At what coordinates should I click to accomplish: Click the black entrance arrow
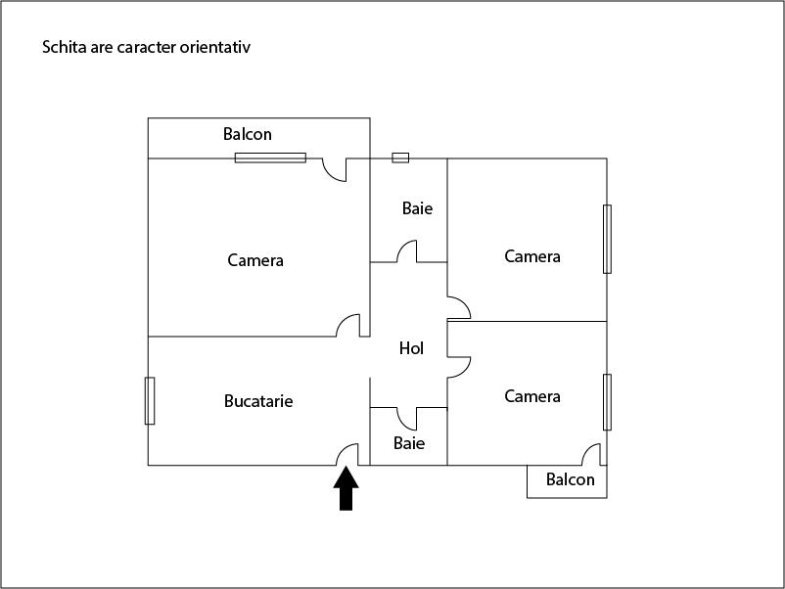[x=346, y=488]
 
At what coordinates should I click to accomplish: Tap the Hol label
[x=411, y=348]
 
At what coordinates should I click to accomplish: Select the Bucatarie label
[x=258, y=401]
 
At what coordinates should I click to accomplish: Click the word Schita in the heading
[x=62, y=47]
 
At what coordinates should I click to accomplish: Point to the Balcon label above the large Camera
[x=248, y=134]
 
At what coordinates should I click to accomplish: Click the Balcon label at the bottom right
[x=570, y=479]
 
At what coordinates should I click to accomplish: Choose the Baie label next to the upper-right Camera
[x=417, y=208]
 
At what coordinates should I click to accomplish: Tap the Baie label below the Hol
[x=409, y=443]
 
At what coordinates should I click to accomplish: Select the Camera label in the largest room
[x=255, y=260]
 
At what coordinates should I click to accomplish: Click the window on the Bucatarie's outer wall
[x=150, y=400]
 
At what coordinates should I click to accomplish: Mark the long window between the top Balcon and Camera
[x=270, y=157]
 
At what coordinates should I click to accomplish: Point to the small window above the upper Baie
[x=400, y=157]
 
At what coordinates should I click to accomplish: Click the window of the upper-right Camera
[x=607, y=239]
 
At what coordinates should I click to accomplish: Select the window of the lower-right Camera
[x=607, y=401]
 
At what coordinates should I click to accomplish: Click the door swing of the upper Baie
[x=408, y=251]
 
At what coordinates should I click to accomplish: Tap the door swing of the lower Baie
[x=408, y=418]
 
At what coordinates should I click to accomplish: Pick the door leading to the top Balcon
[x=336, y=170]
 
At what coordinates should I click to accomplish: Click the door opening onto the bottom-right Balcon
[x=591, y=455]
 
